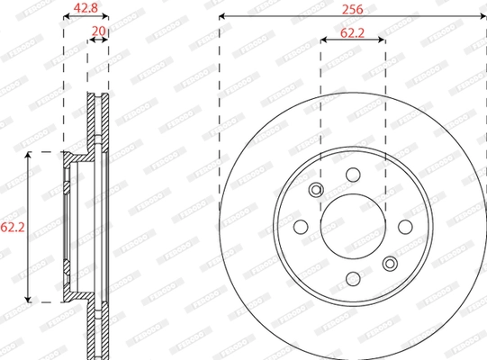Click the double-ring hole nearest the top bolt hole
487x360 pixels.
316,190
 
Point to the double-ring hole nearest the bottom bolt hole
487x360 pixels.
390,264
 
